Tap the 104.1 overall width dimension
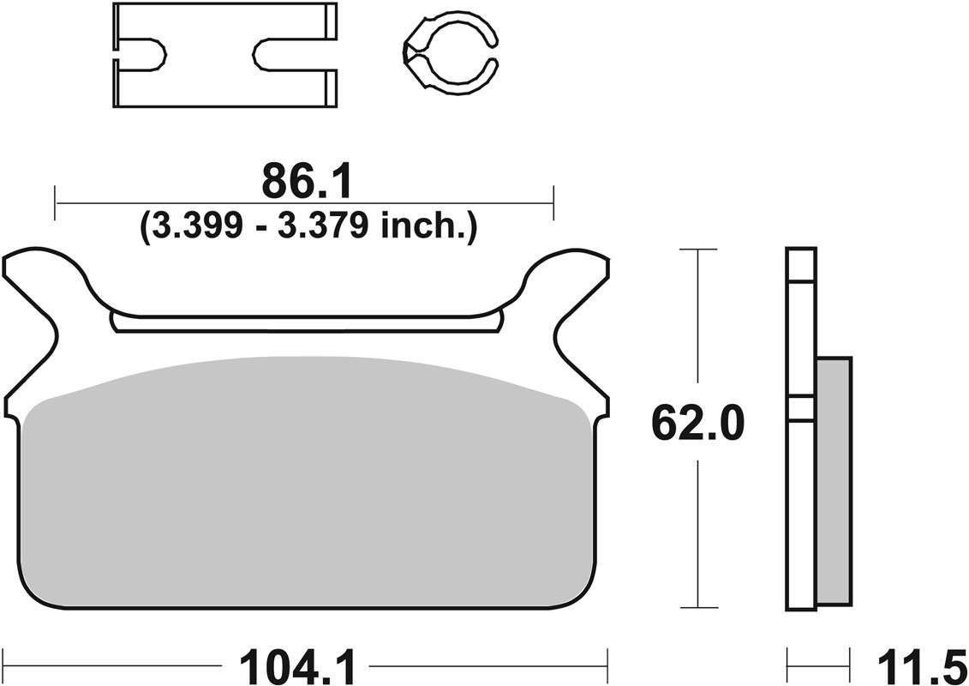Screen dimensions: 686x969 297,665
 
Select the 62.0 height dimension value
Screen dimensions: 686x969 697,422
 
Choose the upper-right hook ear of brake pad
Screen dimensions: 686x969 574,274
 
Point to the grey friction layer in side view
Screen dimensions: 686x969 834,480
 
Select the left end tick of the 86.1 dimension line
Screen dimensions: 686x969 55,203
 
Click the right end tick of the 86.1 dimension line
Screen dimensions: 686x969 554,203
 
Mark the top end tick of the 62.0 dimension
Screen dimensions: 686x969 697,250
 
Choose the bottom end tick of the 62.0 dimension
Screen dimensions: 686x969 697,607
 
